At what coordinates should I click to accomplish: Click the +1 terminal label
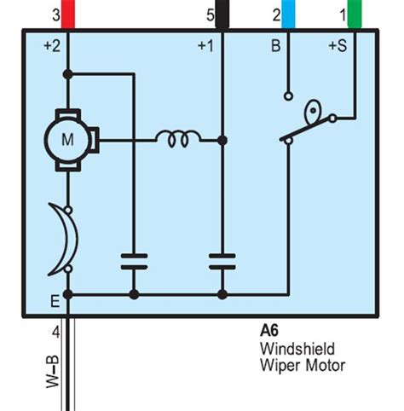click(205, 47)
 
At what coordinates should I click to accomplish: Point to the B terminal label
click(275, 47)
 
